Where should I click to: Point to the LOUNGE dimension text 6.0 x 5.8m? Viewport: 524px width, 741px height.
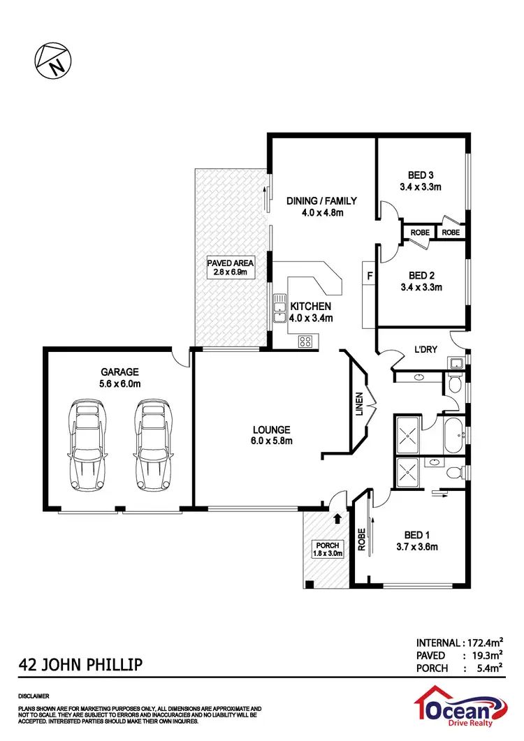click(x=272, y=441)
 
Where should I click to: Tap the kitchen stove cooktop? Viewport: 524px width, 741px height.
click(x=306, y=341)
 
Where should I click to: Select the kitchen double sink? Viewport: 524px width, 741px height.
click(x=278, y=311)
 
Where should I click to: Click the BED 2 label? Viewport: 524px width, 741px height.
click(x=421, y=274)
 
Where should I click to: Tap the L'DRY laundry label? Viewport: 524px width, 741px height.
click(x=425, y=349)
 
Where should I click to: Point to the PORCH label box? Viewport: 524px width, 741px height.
click(x=326, y=549)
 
